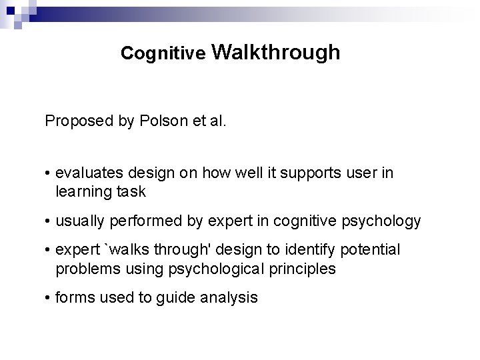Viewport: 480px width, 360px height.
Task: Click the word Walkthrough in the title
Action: click(278, 53)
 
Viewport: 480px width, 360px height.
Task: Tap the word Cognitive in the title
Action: click(163, 54)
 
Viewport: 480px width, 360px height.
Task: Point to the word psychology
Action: click(386, 221)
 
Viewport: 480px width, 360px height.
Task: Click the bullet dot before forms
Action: click(49, 297)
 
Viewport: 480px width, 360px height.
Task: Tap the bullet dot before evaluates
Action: click(49, 173)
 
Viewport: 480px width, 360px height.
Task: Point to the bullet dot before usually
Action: click(49, 221)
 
